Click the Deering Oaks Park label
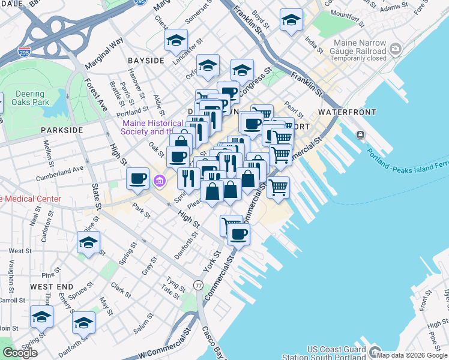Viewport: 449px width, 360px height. (x=28, y=98)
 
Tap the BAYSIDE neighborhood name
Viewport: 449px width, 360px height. (x=146, y=61)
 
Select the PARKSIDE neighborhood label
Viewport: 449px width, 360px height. (x=62, y=130)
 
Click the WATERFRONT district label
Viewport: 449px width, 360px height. (x=347, y=112)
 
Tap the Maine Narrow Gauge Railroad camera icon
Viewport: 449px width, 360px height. (x=395, y=48)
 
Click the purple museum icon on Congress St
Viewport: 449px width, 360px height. (x=160, y=181)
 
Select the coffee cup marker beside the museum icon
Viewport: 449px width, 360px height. (x=138, y=178)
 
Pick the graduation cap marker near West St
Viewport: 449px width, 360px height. (x=88, y=243)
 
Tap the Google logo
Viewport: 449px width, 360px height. (x=20, y=353)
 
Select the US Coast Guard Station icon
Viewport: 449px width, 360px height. (x=376, y=352)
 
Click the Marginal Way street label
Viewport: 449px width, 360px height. (x=104, y=50)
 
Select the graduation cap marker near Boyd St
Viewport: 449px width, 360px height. (x=291, y=22)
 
